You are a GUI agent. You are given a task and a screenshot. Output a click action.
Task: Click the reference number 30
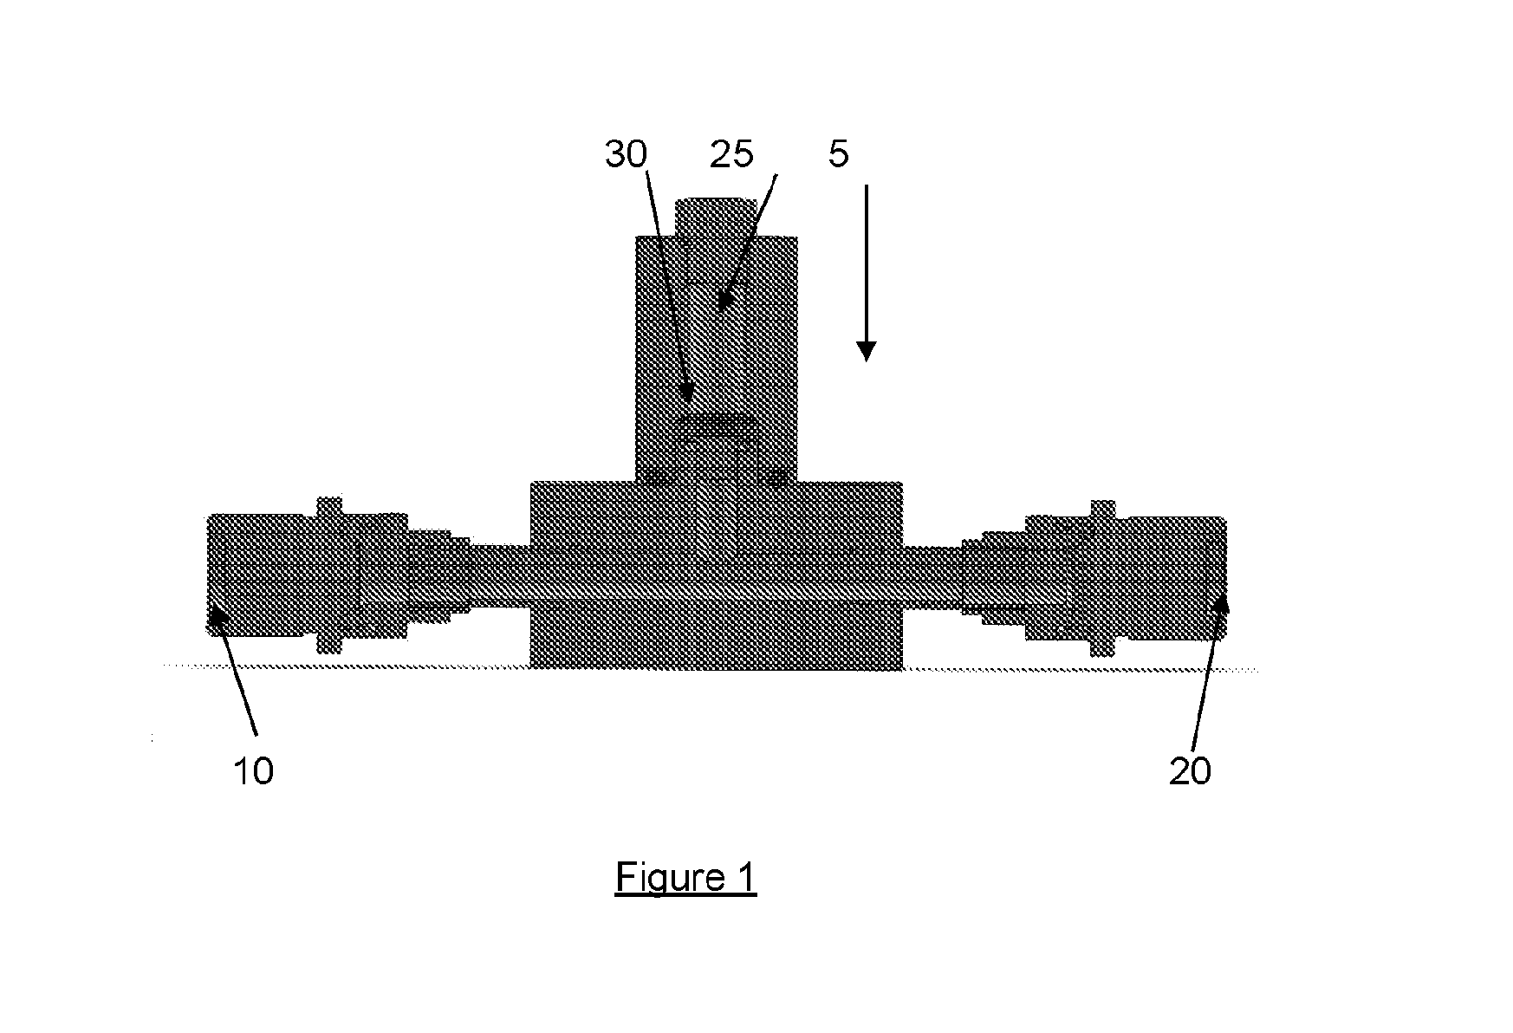pos(626,155)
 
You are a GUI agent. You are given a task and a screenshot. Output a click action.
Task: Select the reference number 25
pos(731,155)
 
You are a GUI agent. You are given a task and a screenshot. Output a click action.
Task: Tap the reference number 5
pos(838,155)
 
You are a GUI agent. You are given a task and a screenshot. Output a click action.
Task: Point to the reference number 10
pos(253,770)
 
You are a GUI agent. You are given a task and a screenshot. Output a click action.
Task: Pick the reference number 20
pos(1190,770)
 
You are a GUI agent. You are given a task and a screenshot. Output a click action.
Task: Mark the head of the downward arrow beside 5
pos(866,350)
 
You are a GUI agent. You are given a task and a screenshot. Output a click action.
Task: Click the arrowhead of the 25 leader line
pos(722,301)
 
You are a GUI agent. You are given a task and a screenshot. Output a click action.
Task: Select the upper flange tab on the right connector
pos(1102,509)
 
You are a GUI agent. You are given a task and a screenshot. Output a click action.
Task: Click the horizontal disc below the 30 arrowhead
pos(715,426)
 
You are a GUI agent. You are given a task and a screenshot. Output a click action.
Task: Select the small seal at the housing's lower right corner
pos(774,478)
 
